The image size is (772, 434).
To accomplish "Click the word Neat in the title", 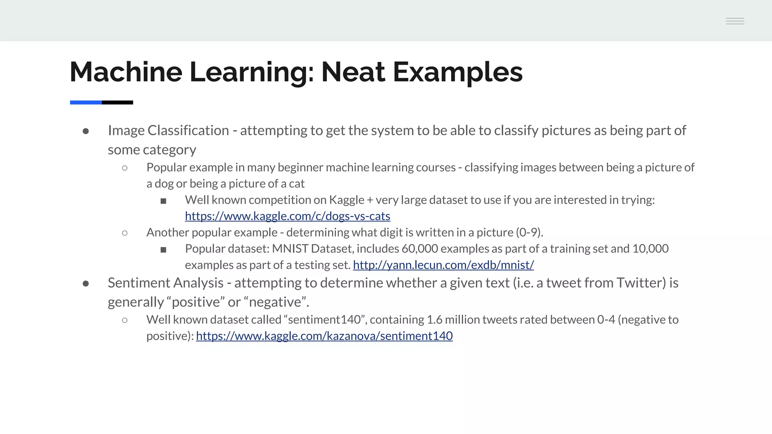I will [353, 72].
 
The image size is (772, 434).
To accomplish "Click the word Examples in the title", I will [458, 72].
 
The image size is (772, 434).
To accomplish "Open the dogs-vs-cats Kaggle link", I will [287, 216].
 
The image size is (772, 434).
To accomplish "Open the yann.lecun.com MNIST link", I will [443, 265].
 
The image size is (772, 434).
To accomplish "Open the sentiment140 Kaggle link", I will [324, 336].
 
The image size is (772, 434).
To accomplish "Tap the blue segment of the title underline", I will [86, 102].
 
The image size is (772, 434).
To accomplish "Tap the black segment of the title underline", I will [117, 102].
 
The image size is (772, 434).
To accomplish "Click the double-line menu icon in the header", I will [735, 21].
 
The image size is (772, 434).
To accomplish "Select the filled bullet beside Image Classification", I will [86, 131].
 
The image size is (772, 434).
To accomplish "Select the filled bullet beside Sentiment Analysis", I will [86, 284].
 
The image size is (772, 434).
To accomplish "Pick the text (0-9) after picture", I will [529, 232].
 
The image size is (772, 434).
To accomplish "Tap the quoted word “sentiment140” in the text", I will [325, 319].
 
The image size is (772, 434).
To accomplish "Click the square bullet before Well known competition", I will [163, 201].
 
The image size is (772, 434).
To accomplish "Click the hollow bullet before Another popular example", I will [125, 233].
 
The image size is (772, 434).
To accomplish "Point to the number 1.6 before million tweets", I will [434, 319].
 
